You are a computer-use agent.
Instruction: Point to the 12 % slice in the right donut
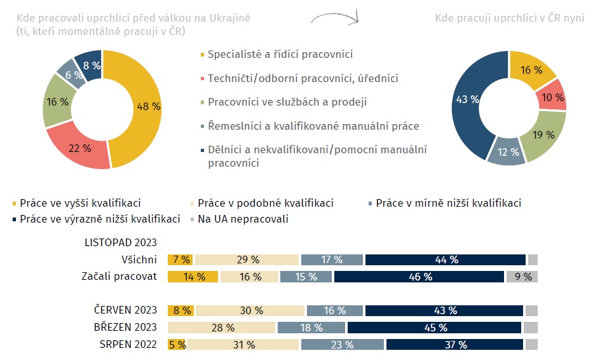[x=508, y=152]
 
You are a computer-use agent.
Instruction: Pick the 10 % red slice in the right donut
[x=552, y=97]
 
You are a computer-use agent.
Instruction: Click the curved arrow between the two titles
[x=335, y=17]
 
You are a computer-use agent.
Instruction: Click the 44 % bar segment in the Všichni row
[x=446, y=260]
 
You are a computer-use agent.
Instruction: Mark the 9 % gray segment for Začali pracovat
[x=522, y=277]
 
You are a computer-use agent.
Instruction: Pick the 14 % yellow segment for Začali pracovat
[x=193, y=277]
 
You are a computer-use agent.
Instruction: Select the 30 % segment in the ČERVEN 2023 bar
[x=250, y=310]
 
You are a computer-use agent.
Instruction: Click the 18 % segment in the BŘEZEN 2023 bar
[x=311, y=328]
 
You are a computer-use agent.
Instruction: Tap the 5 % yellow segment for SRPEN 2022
[x=177, y=345]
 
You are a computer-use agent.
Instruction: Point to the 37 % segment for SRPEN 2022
[x=454, y=345]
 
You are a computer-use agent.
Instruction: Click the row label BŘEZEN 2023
[x=125, y=327]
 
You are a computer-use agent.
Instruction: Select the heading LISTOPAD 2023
[x=120, y=242]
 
